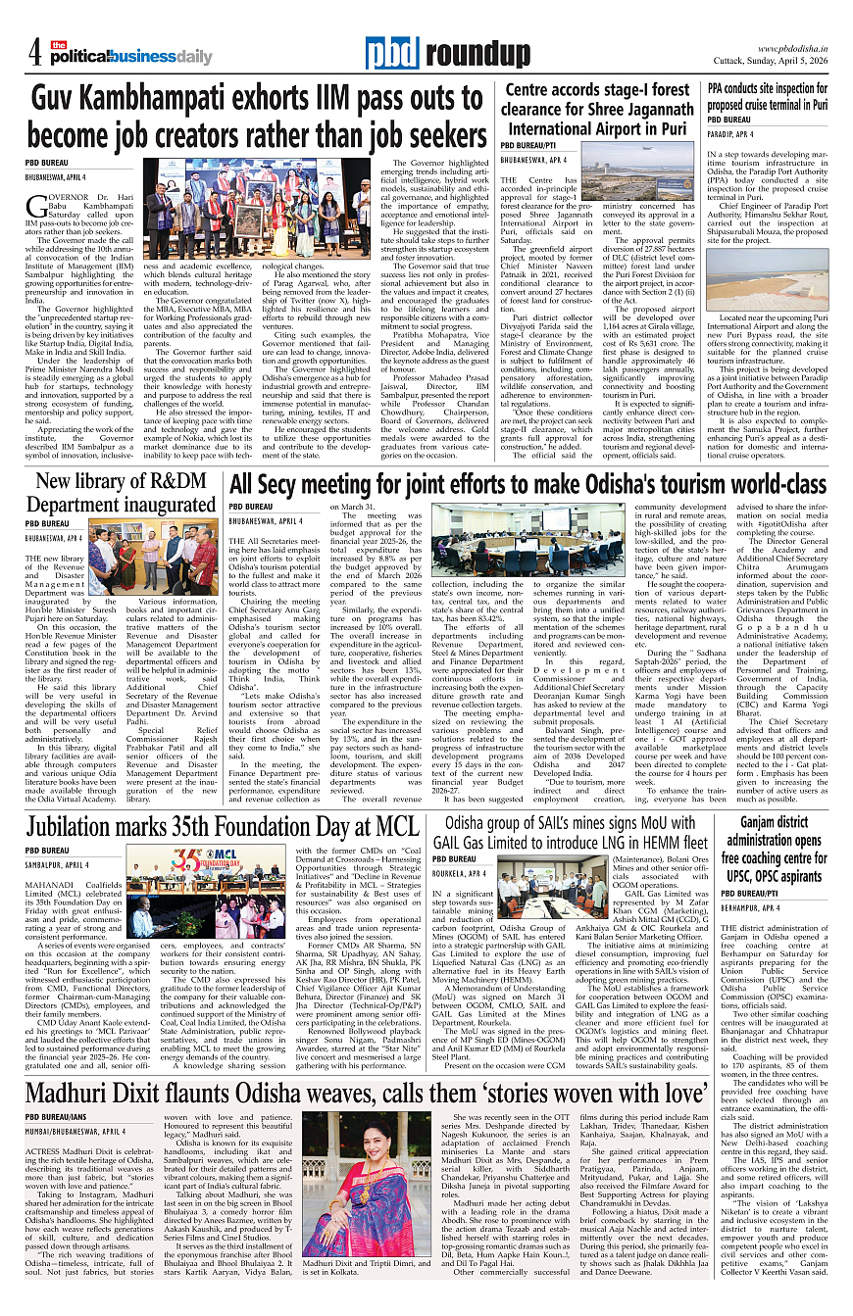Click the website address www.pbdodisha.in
tap(792, 48)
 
